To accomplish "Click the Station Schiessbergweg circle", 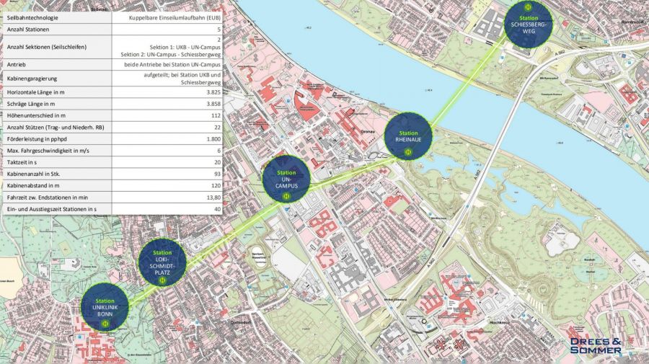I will tap(528, 25).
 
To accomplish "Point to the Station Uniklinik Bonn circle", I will tap(105, 307).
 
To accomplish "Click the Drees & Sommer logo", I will tap(595, 345).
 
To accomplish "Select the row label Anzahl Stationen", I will tap(28, 30).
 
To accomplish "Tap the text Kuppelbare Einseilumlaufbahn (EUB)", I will tap(174, 16).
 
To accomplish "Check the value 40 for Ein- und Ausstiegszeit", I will tap(216, 209).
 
